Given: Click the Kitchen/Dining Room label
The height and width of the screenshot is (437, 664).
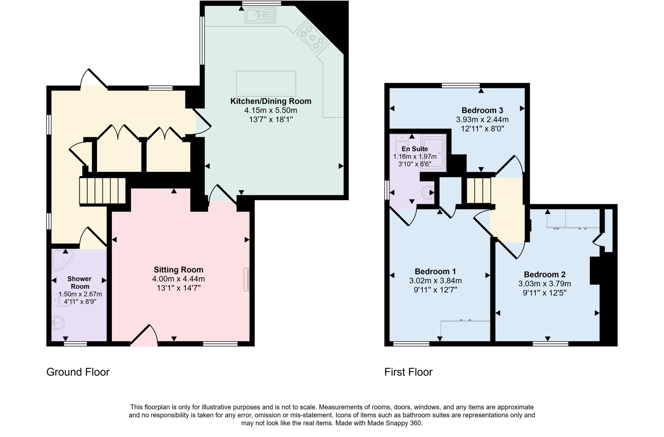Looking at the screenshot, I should [270, 101].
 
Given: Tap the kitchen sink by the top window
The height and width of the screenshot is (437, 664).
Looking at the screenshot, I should [260, 16].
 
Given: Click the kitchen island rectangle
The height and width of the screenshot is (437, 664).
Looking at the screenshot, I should [266, 83].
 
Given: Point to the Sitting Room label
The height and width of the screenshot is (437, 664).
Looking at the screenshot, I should [178, 270].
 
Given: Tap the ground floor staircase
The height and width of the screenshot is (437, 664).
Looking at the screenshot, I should [102, 191].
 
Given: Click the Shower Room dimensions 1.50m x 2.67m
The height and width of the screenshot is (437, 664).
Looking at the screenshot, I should [80, 294].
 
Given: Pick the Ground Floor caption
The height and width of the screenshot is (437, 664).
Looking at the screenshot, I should [78, 372].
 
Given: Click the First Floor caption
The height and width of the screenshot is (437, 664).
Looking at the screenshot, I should [408, 372].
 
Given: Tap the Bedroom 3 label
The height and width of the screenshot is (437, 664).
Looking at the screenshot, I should [482, 110].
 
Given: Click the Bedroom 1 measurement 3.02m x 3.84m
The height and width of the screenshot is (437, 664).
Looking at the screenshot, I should [435, 281].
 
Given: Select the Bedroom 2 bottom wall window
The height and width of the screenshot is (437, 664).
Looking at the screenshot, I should [550, 344].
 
